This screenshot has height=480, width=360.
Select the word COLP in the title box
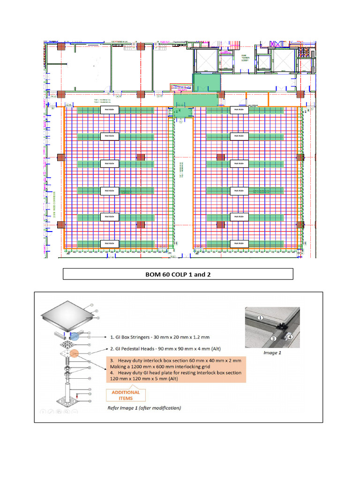point(180,274)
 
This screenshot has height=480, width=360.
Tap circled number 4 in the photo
point(290,336)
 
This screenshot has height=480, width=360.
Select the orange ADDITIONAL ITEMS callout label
point(125,395)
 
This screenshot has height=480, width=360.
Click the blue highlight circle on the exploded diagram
point(75,336)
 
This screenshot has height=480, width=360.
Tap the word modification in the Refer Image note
point(163,408)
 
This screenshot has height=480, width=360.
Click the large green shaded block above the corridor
point(206,82)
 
